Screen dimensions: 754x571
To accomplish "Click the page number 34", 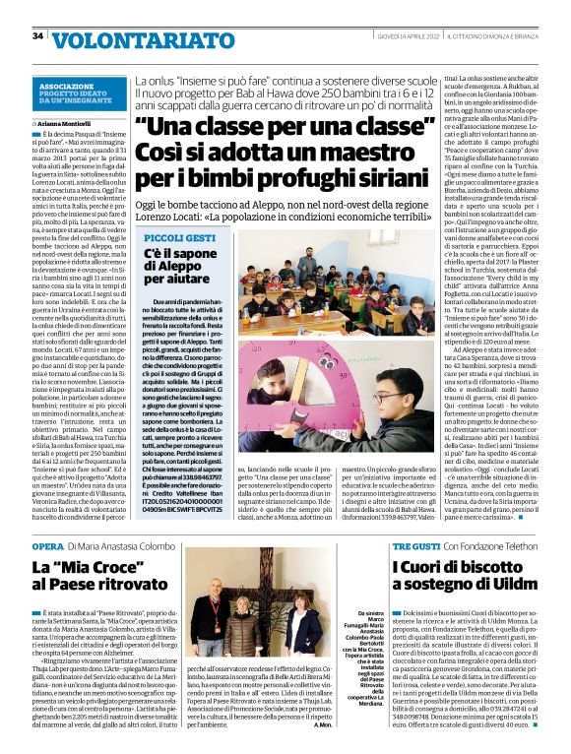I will click(x=37, y=35).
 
